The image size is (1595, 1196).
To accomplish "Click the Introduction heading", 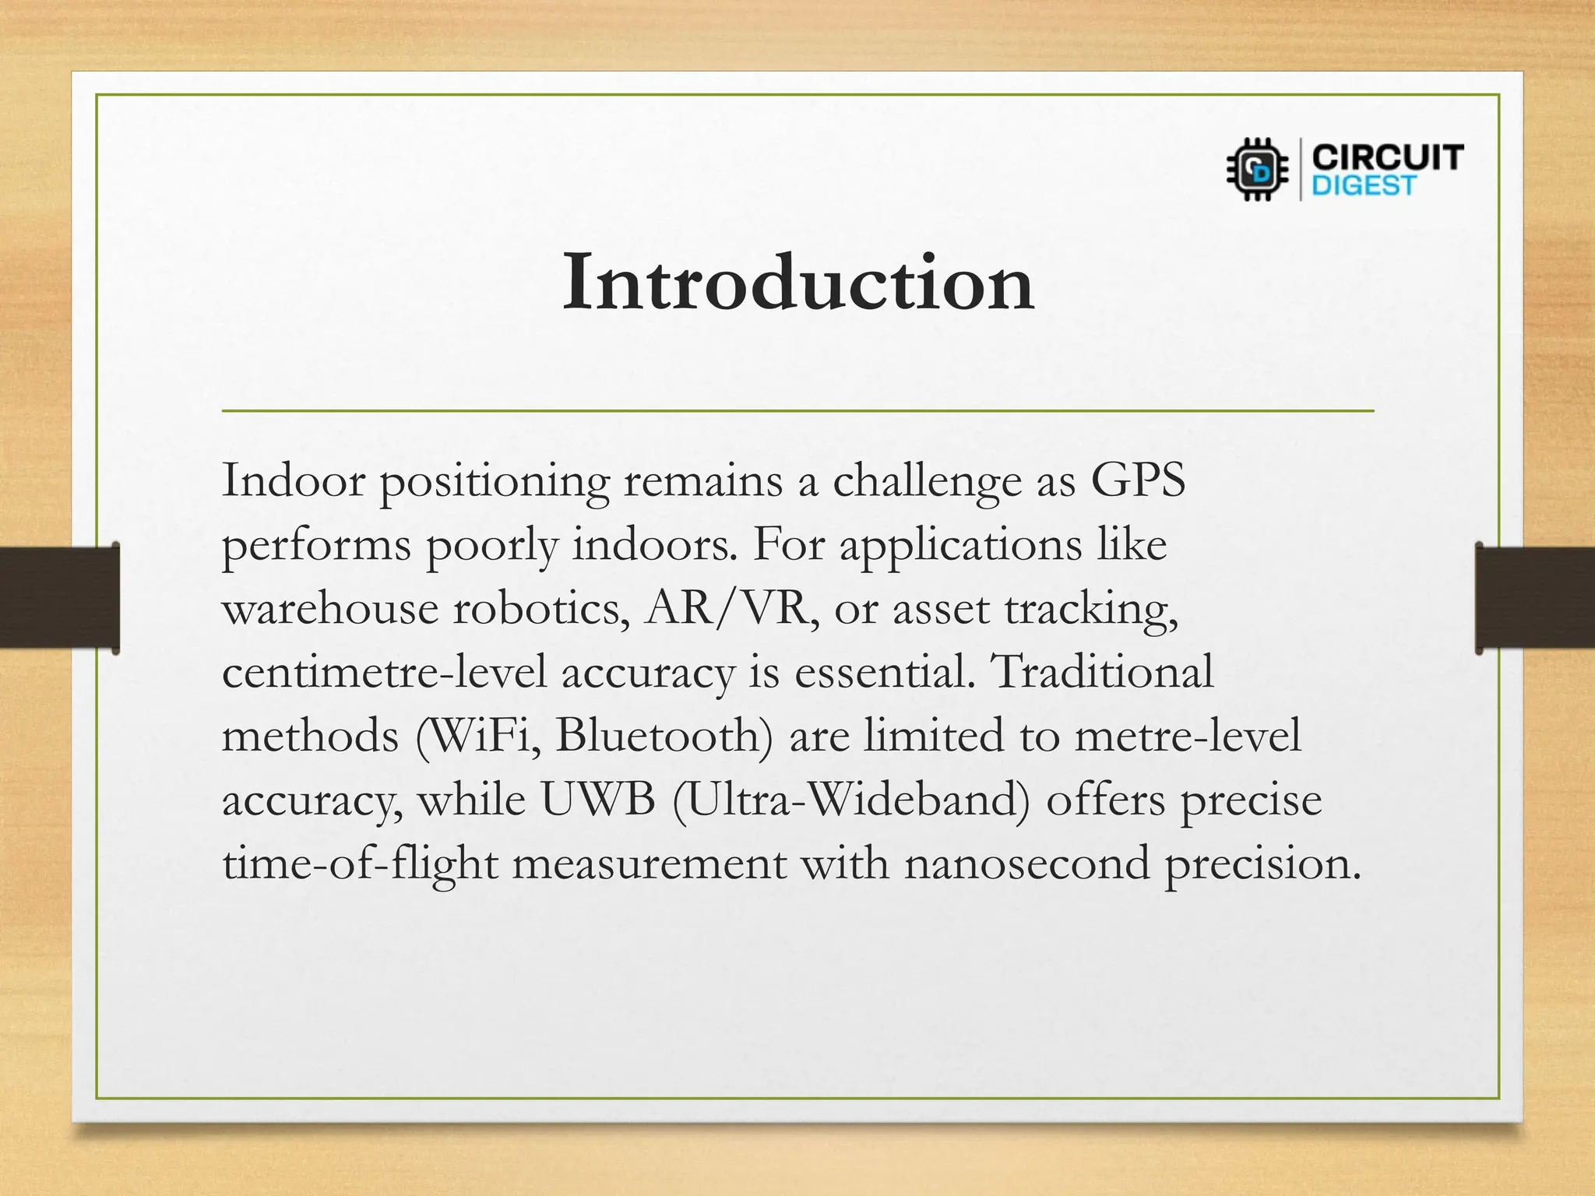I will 797,282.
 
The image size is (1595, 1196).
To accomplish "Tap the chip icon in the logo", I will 1257,169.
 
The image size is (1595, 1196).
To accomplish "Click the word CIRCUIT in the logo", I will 1387,158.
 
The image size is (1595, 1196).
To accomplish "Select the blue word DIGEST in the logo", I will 1363,186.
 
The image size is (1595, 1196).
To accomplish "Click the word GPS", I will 1137,480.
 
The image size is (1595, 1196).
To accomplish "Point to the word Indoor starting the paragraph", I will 294,480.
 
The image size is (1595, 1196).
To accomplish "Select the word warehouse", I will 330,608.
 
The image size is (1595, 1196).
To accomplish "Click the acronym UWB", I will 598,800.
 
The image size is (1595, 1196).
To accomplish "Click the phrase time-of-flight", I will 360,864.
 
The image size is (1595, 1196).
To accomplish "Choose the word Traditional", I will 1103,672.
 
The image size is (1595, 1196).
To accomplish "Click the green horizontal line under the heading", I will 797,410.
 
